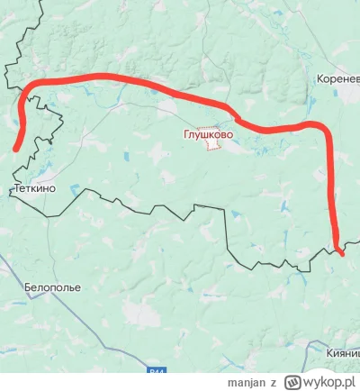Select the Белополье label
[49, 286]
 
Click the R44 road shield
[159, 370]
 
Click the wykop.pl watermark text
[325, 382]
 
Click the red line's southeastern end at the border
[339, 250]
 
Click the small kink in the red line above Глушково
[237, 116]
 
